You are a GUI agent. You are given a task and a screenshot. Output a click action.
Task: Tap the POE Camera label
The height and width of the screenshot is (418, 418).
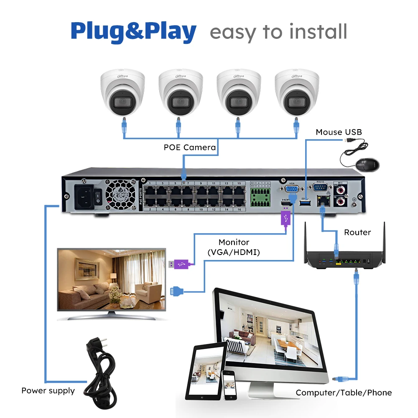coord(190,147)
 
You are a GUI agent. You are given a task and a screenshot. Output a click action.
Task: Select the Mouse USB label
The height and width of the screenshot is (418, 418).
coord(339,132)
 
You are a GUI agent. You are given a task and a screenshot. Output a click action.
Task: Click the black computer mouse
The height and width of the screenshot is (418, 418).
coord(368,164)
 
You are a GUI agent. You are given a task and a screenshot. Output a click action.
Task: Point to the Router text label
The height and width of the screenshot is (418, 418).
coord(357,232)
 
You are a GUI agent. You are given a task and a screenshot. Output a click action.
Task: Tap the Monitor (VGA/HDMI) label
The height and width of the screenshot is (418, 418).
coord(234,247)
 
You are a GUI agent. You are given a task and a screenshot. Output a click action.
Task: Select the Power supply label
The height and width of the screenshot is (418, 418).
coord(48,390)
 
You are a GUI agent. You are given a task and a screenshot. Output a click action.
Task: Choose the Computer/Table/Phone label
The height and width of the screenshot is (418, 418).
coord(344,393)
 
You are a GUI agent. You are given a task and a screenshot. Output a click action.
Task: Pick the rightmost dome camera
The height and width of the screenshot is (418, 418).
coord(297,92)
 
